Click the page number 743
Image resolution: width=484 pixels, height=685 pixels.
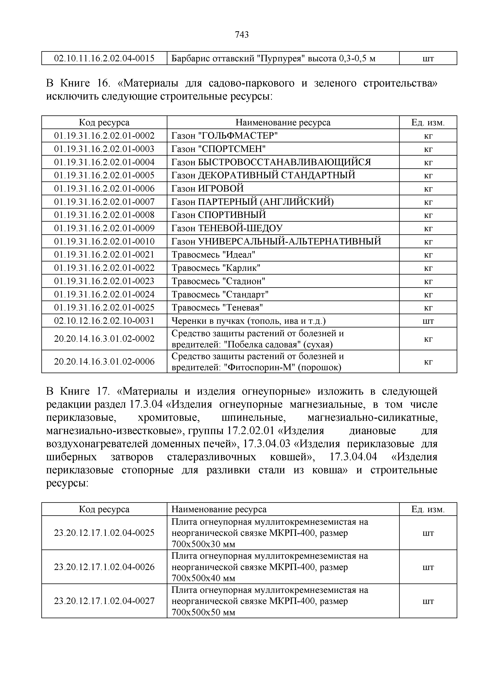[242, 35]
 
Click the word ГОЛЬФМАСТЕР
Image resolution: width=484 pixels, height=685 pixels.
[238, 136]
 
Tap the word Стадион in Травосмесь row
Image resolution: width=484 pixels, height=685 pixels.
[244, 281]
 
